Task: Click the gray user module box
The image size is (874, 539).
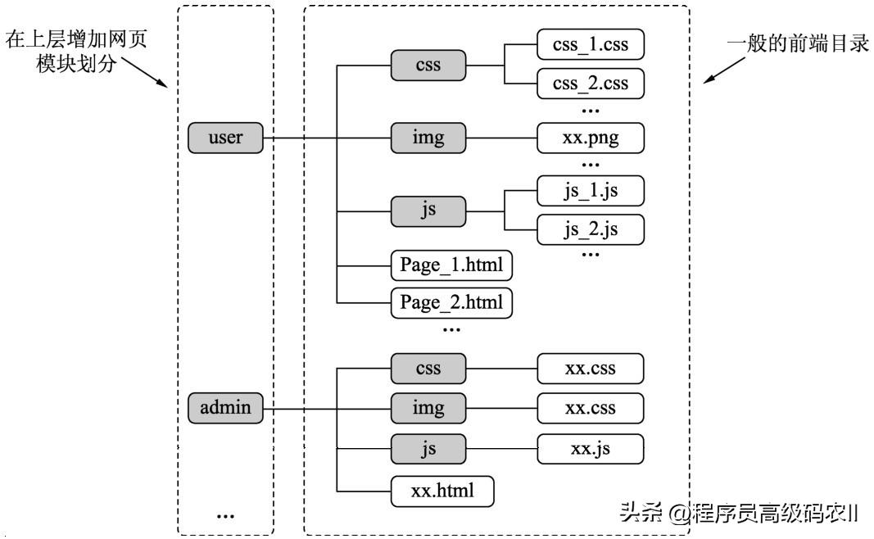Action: pyautogui.click(x=225, y=138)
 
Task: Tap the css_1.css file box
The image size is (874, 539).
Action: pyautogui.click(x=591, y=44)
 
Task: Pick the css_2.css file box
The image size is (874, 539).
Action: pyautogui.click(x=591, y=84)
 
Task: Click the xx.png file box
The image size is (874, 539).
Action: pyautogui.click(x=591, y=138)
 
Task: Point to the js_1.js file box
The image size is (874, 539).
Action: pyautogui.click(x=591, y=191)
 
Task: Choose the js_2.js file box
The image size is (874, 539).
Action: pyautogui.click(x=591, y=230)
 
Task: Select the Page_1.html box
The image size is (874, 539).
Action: pyautogui.click(x=451, y=265)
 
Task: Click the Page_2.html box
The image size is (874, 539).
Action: pyautogui.click(x=451, y=303)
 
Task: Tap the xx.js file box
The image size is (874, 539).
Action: pyautogui.click(x=591, y=448)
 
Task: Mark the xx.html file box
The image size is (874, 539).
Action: pyautogui.click(x=443, y=491)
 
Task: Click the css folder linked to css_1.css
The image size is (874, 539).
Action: pyautogui.click(x=428, y=65)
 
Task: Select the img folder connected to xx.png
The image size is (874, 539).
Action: pyautogui.click(x=428, y=138)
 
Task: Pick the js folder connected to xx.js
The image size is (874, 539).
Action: pyautogui.click(x=428, y=448)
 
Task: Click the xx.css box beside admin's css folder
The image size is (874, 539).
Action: pyautogui.click(x=591, y=369)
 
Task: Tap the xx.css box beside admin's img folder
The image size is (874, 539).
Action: pyautogui.click(x=591, y=408)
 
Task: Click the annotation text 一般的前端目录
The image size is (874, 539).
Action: pyautogui.click(x=798, y=44)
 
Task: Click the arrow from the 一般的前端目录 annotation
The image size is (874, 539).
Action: pyautogui.click(x=721, y=72)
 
